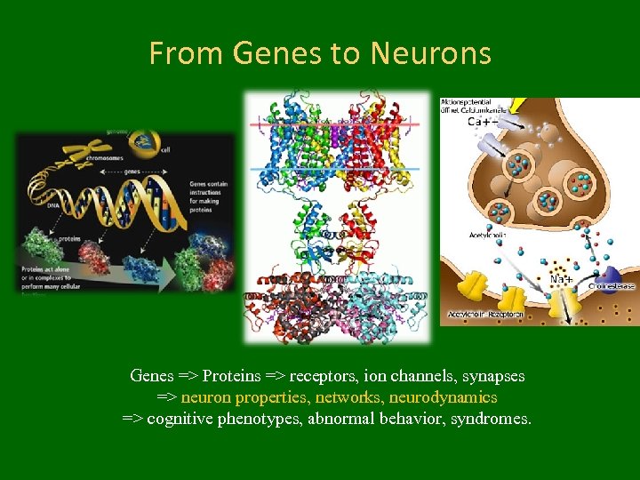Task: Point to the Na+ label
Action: tap(561, 279)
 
